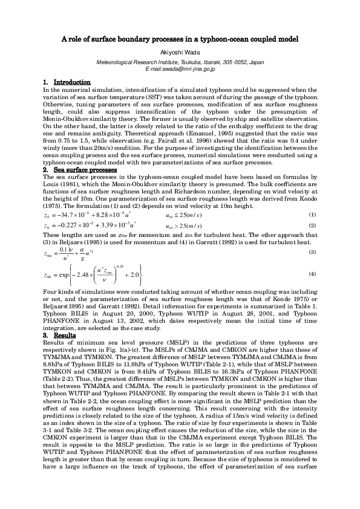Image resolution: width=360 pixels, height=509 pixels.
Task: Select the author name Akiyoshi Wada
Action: pos(180,53)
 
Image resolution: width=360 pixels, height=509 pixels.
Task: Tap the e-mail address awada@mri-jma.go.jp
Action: pos(180,70)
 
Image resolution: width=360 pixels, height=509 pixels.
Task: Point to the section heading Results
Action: pos(64,335)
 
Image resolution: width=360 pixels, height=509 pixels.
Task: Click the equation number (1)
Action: pos(312,215)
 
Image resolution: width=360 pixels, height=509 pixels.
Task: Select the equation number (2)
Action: pos(312,225)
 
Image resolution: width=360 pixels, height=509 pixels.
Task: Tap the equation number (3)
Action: pos(312,251)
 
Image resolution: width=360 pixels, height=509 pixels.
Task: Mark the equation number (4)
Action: pos(312,274)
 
